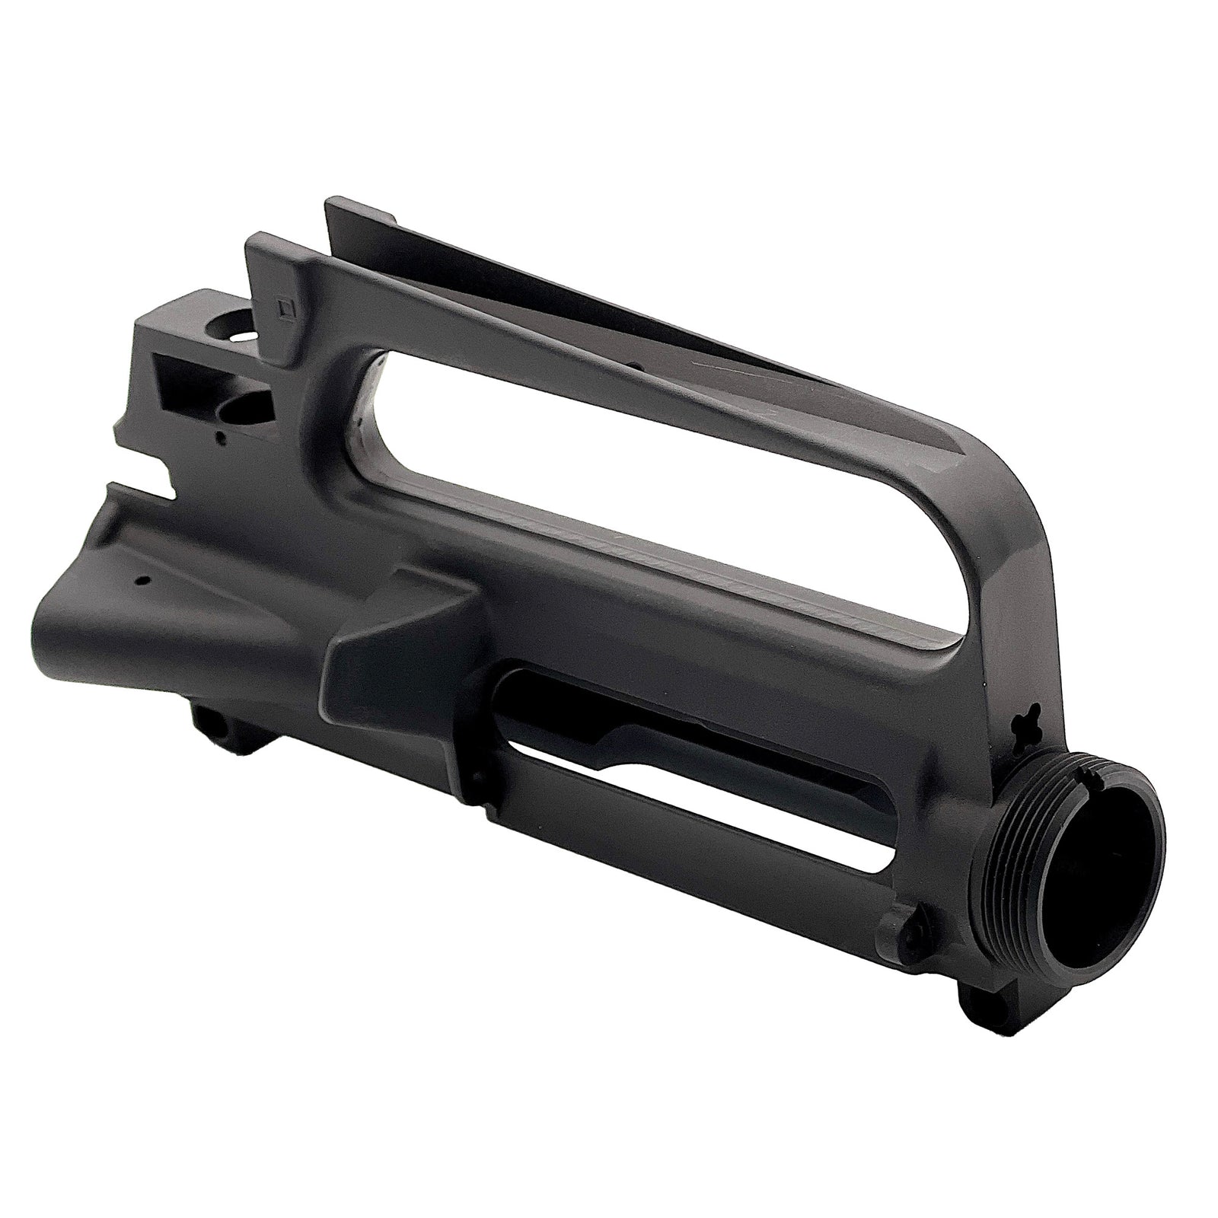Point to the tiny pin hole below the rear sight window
pos(220,438)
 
